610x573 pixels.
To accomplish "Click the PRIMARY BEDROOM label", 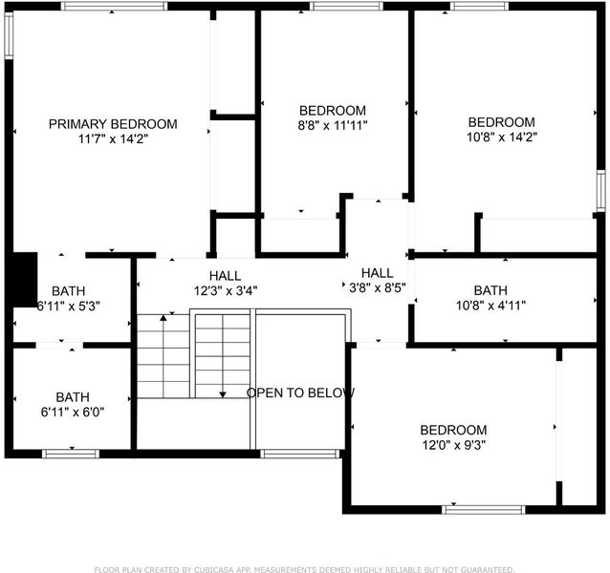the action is click(113, 124).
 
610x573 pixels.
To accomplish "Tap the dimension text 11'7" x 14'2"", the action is click(113, 138).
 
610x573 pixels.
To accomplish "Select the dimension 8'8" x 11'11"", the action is click(333, 125).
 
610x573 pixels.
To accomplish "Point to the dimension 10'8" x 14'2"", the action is click(502, 137).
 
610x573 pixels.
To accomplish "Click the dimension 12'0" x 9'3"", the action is click(453, 444).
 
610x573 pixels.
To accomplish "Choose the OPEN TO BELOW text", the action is click(300, 393).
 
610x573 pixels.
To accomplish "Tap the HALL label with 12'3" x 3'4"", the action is click(225, 276).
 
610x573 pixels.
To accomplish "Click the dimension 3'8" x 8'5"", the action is click(378, 287).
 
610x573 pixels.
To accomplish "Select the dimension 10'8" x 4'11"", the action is click(490, 306).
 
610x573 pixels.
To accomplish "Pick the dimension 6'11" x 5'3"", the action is click(69, 307).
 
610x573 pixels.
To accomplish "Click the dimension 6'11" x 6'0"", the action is click(73, 412).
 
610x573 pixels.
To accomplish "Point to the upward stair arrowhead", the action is click(163, 318).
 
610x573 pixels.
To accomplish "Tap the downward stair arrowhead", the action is click(223, 394).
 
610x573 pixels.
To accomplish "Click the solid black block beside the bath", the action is click(25, 280).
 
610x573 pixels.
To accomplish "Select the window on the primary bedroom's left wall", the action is click(9, 35).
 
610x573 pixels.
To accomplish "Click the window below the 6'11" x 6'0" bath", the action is click(71, 454).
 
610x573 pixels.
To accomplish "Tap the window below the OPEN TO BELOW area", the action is click(300, 454).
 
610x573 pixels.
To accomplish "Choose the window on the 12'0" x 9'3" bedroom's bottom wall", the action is click(484, 510).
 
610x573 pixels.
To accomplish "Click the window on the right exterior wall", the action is click(601, 191).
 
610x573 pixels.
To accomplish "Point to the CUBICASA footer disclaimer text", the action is click(305, 569).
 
